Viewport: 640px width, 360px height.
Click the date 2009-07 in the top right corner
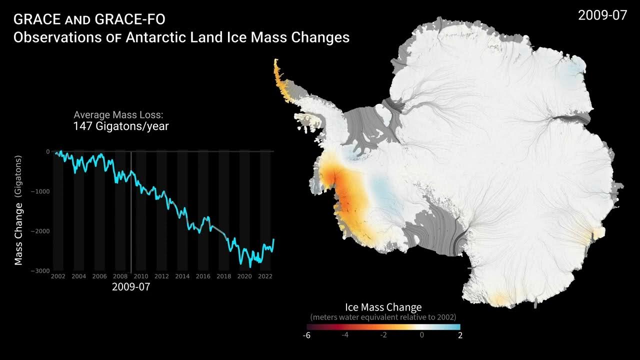tap(602, 15)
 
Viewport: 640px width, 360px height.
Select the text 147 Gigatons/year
tap(120, 126)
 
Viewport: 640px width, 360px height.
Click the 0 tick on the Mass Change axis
tap(48, 151)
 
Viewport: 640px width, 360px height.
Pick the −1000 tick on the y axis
tap(40, 191)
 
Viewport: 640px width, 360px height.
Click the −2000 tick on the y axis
tap(40, 231)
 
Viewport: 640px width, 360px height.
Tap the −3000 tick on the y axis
tap(40, 270)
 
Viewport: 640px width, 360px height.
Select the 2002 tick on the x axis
tap(58, 276)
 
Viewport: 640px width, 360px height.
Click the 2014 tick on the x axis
tap(182, 276)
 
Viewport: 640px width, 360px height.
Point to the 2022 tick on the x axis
tap(265, 276)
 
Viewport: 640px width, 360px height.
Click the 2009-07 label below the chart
tap(131, 287)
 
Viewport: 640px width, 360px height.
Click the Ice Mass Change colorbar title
tap(383, 307)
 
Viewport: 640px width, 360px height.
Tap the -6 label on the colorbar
tap(306, 335)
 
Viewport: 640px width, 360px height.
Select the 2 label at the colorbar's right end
tap(460, 335)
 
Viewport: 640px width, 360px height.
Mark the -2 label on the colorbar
tap(383, 335)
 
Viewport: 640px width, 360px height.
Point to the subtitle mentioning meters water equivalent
tap(383, 317)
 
